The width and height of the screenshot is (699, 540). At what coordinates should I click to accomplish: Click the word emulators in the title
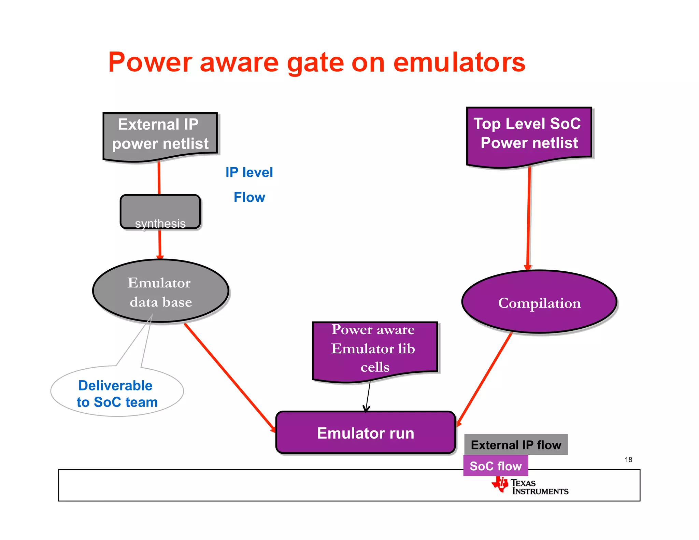459,63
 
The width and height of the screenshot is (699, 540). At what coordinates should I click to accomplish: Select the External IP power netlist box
160,134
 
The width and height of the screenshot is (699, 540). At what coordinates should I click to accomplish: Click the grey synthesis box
160,212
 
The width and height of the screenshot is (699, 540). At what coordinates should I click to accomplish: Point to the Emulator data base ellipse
160,291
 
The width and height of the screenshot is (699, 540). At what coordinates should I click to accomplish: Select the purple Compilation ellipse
539,302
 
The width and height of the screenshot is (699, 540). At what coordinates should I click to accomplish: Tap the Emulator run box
365,433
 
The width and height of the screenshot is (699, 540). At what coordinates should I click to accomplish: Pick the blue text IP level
249,172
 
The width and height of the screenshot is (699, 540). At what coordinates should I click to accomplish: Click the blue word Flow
249,197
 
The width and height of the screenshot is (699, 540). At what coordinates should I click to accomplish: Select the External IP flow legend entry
515,445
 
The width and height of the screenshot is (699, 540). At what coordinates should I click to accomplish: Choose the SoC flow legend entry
495,466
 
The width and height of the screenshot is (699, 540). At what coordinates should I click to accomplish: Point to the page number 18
628,460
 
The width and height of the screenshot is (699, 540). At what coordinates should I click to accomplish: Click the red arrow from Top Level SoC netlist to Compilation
529,218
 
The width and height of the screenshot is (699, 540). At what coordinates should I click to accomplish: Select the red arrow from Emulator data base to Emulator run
229,377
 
